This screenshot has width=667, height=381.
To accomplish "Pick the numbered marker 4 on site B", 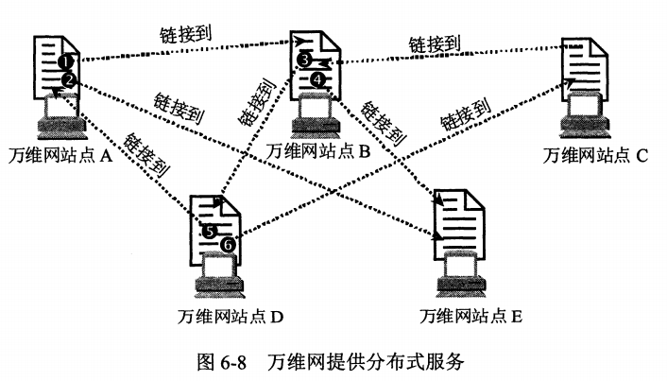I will click(316, 80).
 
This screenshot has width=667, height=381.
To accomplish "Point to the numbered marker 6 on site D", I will click(227, 245).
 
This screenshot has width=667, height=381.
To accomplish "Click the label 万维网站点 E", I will click(471, 315).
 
